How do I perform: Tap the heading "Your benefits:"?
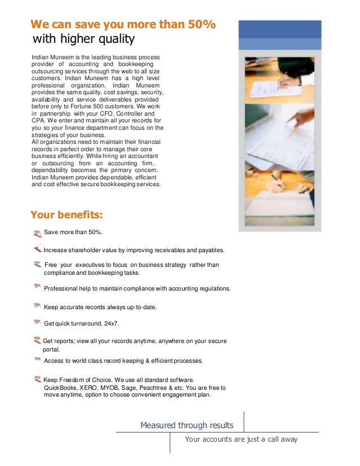pos(66,214)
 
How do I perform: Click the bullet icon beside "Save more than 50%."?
pos(37,232)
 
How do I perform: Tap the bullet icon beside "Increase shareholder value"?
pos(37,249)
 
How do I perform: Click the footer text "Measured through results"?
pos(187,425)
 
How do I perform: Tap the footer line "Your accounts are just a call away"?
pos(241,439)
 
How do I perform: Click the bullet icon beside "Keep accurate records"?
pos(37,306)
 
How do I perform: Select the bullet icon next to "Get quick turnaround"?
pos(37,323)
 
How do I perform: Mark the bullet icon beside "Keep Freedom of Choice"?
pos(37,380)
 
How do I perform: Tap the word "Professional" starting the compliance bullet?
pos(61,288)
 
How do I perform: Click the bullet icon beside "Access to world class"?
pos(37,359)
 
